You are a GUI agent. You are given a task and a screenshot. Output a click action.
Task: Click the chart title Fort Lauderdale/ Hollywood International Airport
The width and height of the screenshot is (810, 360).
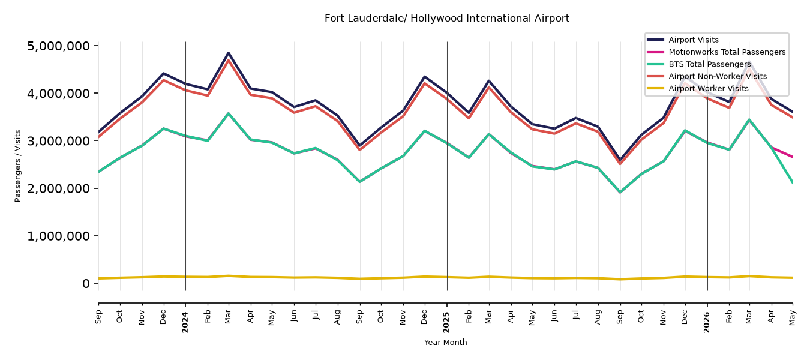point(446,19)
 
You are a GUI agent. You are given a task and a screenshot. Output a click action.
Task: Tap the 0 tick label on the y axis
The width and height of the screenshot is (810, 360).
point(86,283)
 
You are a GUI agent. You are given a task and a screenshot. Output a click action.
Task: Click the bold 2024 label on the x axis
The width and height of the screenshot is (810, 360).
point(185,322)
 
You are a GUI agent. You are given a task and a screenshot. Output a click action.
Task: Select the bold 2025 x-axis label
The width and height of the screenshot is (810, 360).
point(446,322)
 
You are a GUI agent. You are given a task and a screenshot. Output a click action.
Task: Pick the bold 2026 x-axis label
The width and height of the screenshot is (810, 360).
point(707,322)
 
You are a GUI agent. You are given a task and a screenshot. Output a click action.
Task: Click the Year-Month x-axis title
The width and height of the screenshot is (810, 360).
point(445,342)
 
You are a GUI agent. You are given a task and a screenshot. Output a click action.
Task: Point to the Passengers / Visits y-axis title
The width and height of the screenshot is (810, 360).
point(18,166)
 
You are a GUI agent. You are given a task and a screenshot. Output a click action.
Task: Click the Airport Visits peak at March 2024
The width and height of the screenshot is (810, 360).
point(229,53)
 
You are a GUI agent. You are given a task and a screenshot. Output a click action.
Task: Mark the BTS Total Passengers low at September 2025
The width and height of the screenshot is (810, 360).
point(620,192)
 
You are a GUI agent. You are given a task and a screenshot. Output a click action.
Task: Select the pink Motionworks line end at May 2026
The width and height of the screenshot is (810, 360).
point(792,157)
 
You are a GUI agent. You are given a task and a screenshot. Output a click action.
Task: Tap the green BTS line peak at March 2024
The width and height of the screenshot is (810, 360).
point(229,113)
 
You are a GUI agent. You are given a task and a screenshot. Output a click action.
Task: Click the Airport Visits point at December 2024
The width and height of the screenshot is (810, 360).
point(425,77)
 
